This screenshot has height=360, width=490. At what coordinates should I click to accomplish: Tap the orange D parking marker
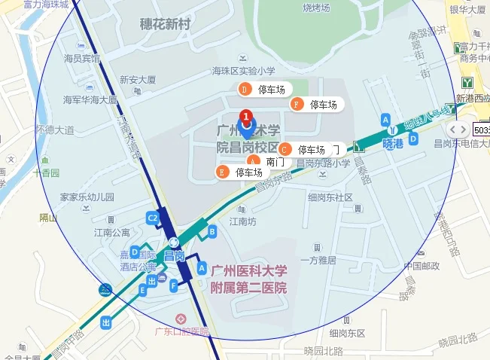[245, 90]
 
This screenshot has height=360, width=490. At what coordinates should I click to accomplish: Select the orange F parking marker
[297, 104]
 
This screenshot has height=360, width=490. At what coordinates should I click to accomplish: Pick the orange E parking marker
[222, 172]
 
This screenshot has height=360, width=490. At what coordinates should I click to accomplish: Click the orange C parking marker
[285, 150]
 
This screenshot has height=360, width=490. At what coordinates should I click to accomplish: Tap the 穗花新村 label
[165, 25]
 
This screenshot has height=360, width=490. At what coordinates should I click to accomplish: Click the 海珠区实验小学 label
[244, 72]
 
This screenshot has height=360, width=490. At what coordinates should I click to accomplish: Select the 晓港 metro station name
[393, 143]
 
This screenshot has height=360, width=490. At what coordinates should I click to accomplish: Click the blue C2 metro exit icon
[153, 218]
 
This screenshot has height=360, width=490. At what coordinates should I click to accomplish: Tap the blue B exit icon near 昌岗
[212, 230]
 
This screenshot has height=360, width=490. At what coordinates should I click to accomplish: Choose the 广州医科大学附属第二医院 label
[248, 279]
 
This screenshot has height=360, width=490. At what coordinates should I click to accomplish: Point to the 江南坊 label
[243, 221]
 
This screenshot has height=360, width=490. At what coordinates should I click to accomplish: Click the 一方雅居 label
[318, 260]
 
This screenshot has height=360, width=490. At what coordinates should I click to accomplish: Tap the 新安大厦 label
[138, 79]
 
